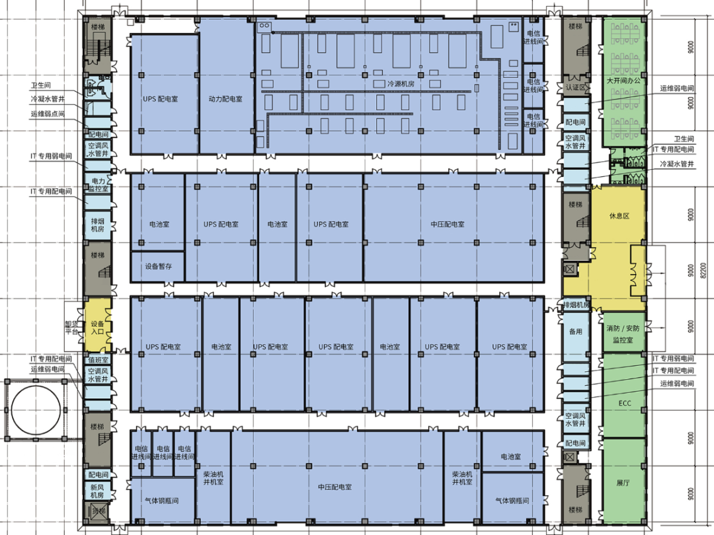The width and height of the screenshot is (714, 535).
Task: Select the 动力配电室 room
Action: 225,99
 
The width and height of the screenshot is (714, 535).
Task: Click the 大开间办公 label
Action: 624,81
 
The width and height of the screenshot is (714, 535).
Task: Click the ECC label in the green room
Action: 625,403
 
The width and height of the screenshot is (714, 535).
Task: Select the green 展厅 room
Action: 623,483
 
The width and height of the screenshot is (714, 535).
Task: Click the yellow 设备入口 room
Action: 98,328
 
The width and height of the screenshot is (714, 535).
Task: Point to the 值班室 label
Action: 98,360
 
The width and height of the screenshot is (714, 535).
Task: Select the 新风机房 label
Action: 98,491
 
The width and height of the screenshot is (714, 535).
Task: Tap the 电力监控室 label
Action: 99,185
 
